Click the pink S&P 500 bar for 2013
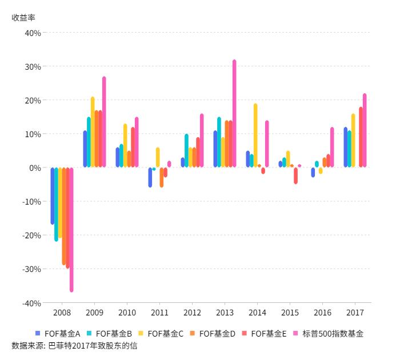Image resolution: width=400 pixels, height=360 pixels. point(234,114)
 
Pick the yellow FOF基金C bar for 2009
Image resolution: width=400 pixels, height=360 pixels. point(93,132)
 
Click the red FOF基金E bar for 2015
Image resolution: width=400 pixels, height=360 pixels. point(295,175)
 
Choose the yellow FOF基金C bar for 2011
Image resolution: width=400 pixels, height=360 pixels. point(158,157)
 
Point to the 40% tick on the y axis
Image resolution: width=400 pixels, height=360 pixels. point(33,33)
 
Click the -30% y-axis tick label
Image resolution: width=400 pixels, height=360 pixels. point(31,269)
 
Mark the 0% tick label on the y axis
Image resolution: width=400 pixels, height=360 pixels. point(34,168)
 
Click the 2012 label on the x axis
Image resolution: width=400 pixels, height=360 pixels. point(191,313)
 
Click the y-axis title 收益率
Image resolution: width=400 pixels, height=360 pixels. point(23,17)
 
